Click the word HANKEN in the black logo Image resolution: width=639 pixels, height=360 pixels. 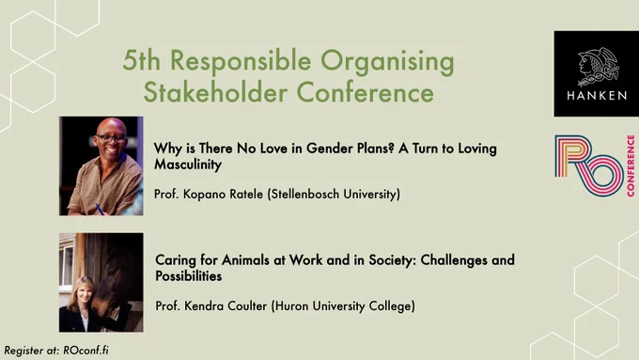click(x=597, y=96)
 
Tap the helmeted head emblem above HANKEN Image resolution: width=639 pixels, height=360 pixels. click(x=599, y=67)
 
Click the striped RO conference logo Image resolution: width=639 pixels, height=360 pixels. click(x=589, y=165)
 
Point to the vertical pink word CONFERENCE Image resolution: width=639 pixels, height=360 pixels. click(x=631, y=165)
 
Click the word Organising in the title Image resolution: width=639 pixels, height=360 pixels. click(x=387, y=62)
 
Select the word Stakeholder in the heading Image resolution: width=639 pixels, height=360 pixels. click(x=215, y=92)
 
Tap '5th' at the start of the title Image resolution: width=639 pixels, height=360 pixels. click(x=141, y=60)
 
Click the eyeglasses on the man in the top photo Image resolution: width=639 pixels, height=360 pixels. click(x=111, y=138)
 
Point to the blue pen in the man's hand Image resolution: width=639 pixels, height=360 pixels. click(x=99, y=209)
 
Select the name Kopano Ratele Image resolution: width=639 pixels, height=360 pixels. click(x=223, y=194)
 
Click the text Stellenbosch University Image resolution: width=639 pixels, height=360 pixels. click(x=335, y=194)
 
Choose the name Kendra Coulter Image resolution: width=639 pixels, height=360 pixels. click(x=226, y=305)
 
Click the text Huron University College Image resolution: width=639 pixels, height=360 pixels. click(x=343, y=305)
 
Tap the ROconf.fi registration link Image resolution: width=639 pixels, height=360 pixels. click(x=86, y=351)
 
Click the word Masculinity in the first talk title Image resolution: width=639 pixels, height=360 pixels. click(x=188, y=164)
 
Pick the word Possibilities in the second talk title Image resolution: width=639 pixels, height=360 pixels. click(x=189, y=276)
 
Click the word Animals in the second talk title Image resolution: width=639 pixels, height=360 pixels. click(x=245, y=259)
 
